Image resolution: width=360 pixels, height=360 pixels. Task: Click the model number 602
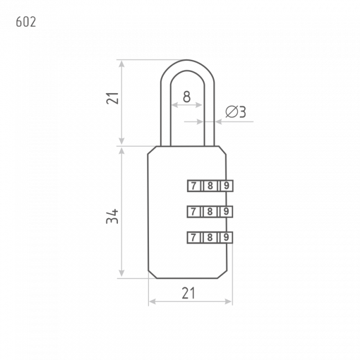[x=26, y=22]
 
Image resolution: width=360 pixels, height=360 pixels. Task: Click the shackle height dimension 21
[x=112, y=98]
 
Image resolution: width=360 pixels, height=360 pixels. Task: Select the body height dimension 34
[x=112, y=216]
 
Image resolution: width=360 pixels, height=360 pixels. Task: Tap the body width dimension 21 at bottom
[x=188, y=293]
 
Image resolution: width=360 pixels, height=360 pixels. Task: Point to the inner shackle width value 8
[x=187, y=97]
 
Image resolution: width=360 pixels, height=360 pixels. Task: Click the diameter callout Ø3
[x=235, y=112]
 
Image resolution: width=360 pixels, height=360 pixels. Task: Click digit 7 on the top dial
[x=194, y=186]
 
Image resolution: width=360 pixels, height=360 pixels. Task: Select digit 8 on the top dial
[x=210, y=186]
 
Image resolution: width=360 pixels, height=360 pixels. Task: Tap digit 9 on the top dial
[x=227, y=186]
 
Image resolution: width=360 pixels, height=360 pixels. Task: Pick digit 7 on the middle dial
[x=193, y=212]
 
